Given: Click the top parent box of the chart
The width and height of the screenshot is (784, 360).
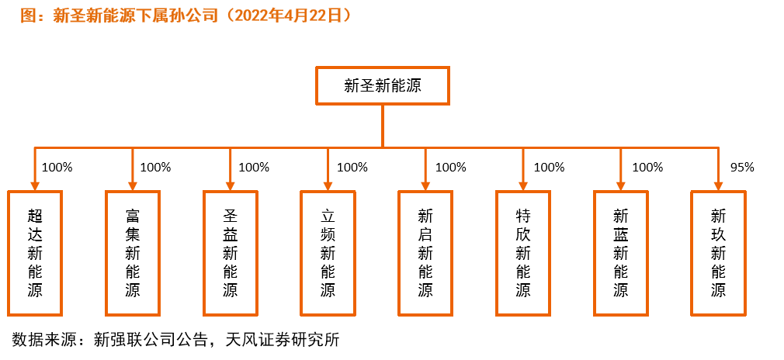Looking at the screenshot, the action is [382, 85].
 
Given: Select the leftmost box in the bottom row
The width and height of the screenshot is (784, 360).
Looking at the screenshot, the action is [35, 253].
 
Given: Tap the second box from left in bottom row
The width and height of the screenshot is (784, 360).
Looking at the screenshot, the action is [133, 253].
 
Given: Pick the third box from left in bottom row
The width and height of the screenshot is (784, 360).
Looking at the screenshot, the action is [231, 253].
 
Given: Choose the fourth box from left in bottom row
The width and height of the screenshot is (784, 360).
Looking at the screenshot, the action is [328, 253].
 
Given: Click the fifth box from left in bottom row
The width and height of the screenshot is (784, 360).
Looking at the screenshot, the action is [425, 253].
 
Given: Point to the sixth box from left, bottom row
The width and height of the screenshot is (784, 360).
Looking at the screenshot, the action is [523, 253].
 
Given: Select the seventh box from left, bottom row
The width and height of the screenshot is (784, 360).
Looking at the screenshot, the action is [621, 253].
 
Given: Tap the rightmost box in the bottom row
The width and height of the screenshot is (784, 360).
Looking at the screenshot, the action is [718, 253].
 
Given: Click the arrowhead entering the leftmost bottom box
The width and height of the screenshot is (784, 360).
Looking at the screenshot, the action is [35, 186].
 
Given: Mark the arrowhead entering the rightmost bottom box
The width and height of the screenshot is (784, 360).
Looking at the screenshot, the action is [718, 186].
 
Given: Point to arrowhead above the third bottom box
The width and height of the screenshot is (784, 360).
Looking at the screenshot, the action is [231, 186].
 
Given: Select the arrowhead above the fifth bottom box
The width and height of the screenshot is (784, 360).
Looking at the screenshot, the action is [425, 186].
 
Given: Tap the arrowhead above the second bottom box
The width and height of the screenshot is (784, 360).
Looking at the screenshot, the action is [133, 186].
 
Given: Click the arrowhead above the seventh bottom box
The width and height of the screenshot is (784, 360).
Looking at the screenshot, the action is [621, 186].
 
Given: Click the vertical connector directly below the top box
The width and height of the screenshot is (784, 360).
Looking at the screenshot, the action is [383, 126].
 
